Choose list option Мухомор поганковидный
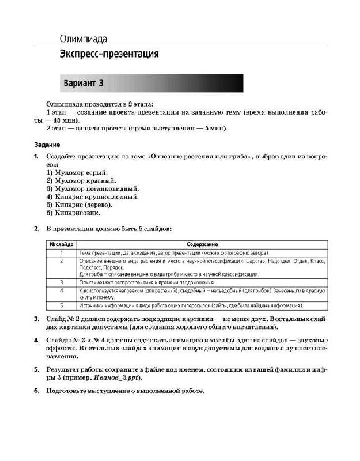92,188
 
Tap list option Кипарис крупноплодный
91,197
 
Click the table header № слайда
61,244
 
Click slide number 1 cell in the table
61,252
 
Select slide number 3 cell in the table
61,282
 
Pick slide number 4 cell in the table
61,290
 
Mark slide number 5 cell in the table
61,305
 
